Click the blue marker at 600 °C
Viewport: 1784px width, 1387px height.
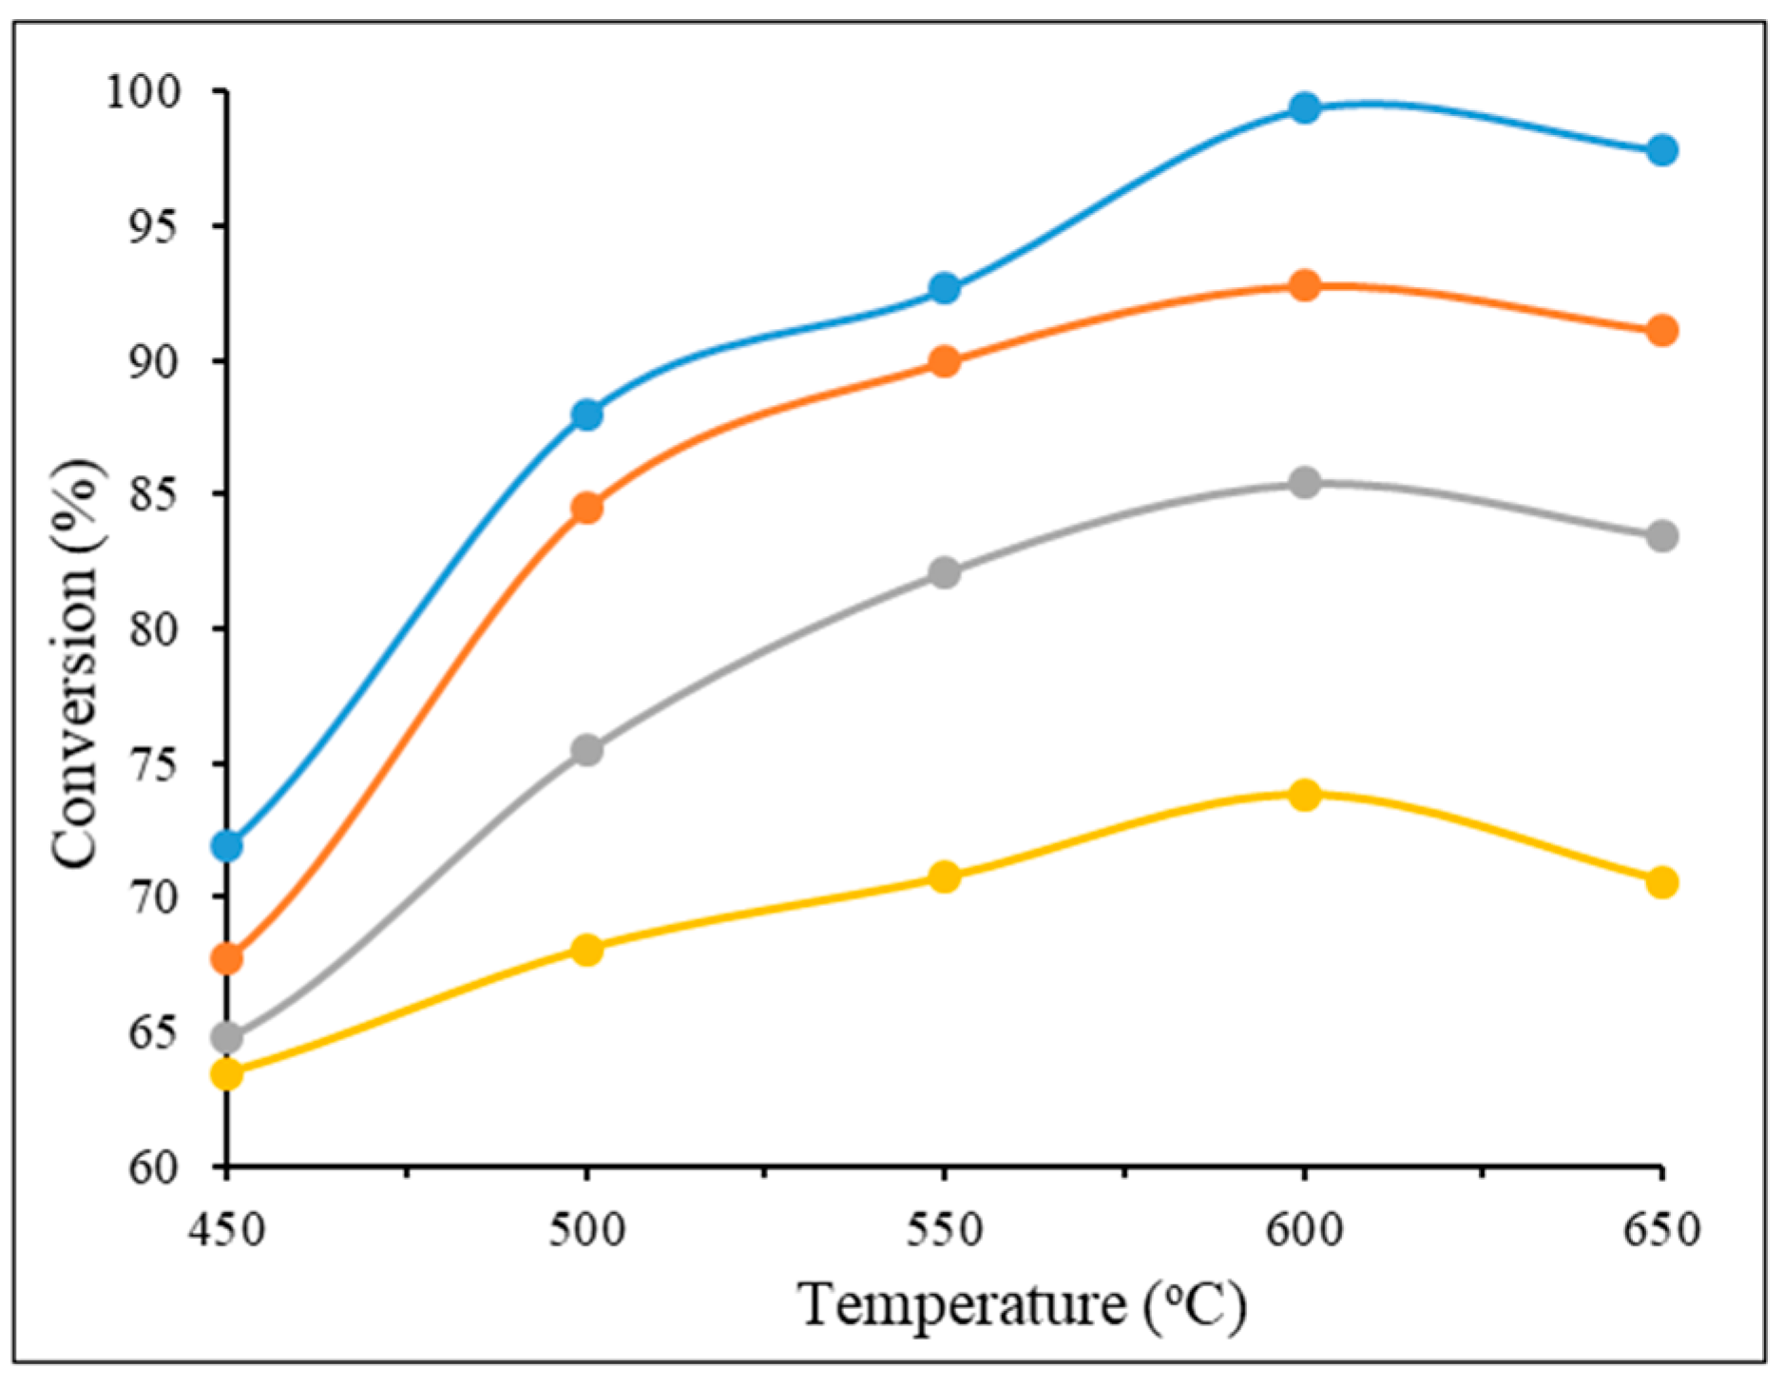[1305, 107]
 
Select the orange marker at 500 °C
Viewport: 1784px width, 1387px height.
[587, 508]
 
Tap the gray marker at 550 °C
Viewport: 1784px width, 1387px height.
[944, 572]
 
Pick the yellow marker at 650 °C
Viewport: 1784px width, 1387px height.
[1661, 882]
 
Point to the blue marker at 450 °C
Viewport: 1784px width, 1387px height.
[227, 844]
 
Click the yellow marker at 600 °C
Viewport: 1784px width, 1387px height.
[1305, 794]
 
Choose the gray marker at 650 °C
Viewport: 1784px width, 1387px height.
[1661, 536]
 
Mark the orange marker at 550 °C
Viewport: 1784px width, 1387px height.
[944, 361]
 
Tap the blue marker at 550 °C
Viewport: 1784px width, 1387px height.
[944, 288]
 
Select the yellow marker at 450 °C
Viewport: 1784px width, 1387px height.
[227, 1074]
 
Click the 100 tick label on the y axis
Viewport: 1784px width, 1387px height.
[144, 92]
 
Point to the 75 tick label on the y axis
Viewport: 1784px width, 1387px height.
[155, 763]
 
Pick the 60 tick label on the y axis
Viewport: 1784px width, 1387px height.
[155, 1167]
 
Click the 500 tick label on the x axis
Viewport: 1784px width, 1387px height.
[587, 1230]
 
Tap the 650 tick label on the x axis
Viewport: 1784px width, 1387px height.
[1661, 1230]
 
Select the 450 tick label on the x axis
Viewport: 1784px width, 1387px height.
[227, 1230]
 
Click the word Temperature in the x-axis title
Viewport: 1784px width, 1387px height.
[963, 1304]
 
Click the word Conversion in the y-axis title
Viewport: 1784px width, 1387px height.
[76, 722]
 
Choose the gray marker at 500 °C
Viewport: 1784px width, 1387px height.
[587, 750]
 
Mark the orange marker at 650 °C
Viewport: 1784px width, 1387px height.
[1661, 331]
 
